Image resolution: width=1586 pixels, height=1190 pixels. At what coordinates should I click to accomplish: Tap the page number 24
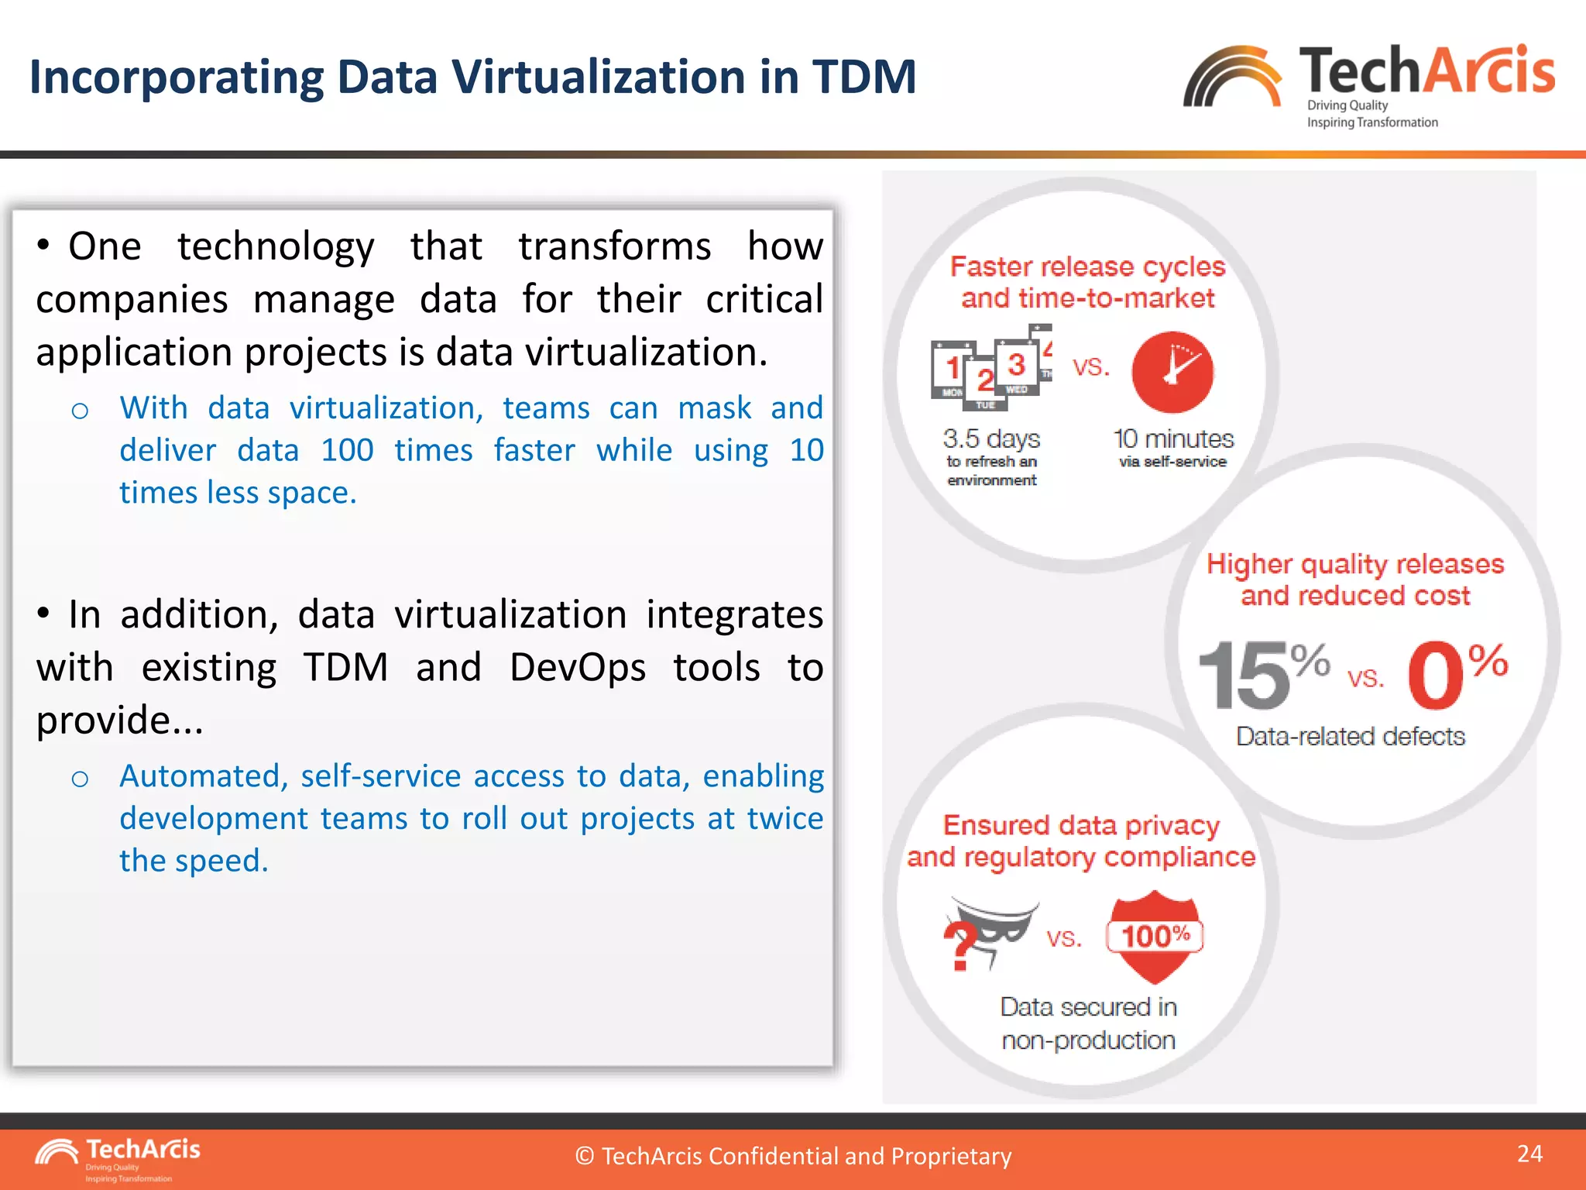click(1529, 1154)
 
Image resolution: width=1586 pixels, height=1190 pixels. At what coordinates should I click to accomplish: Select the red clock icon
click(1172, 372)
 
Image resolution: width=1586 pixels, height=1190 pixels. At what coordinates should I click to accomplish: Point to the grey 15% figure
click(1262, 675)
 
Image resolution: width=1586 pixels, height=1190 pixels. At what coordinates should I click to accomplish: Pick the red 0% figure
click(1456, 675)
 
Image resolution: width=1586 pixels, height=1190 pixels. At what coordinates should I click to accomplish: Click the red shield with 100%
click(1155, 936)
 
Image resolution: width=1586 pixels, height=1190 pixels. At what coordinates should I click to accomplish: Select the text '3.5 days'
click(991, 439)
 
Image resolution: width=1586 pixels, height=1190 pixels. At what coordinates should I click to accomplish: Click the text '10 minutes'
click(1173, 439)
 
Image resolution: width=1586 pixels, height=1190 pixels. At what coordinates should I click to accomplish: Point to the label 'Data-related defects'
click(1350, 736)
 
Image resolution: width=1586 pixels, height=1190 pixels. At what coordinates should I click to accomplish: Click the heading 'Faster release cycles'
click(1087, 267)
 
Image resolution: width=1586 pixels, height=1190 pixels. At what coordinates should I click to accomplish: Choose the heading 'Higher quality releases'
click(1354, 564)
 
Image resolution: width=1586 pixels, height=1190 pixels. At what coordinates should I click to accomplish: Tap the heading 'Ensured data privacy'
click(1081, 825)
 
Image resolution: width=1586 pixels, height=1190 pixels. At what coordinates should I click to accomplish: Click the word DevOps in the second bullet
click(577, 667)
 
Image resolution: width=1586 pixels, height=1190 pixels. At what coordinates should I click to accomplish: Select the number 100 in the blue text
click(347, 450)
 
